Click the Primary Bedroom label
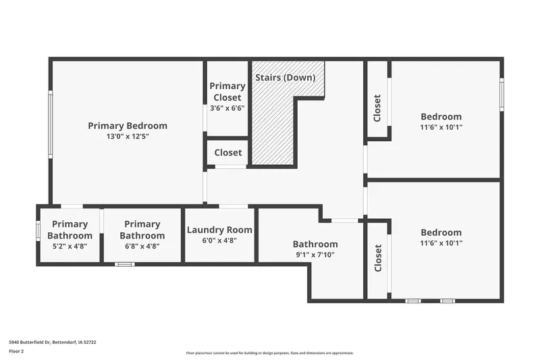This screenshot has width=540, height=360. (128, 126)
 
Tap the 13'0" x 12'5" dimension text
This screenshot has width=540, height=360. (128, 136)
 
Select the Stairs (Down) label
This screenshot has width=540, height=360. (285, 78)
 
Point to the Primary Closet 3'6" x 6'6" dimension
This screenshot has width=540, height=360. (227, 108)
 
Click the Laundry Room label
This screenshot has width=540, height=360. (219, 230)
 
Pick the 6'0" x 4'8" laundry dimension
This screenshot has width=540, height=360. (219, 240)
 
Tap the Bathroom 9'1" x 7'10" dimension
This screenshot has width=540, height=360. (315, 255)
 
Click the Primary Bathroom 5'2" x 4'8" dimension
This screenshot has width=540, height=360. (70, 247)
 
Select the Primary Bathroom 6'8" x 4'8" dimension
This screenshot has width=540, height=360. (142, 247)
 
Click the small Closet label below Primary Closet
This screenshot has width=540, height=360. (228, 153)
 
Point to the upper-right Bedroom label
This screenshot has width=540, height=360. (441, 116)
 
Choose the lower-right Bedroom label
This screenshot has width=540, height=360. (441, 232)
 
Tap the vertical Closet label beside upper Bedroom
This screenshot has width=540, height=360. (377, 108)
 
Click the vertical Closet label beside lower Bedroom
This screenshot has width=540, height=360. (378, 258)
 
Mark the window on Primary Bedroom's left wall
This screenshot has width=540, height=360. (50, 124)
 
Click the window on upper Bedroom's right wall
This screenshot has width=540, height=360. (502, 95)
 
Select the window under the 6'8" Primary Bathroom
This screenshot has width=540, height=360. (125, 264)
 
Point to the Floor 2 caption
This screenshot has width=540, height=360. (16, 351)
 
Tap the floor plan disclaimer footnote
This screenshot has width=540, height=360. (269, 353)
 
